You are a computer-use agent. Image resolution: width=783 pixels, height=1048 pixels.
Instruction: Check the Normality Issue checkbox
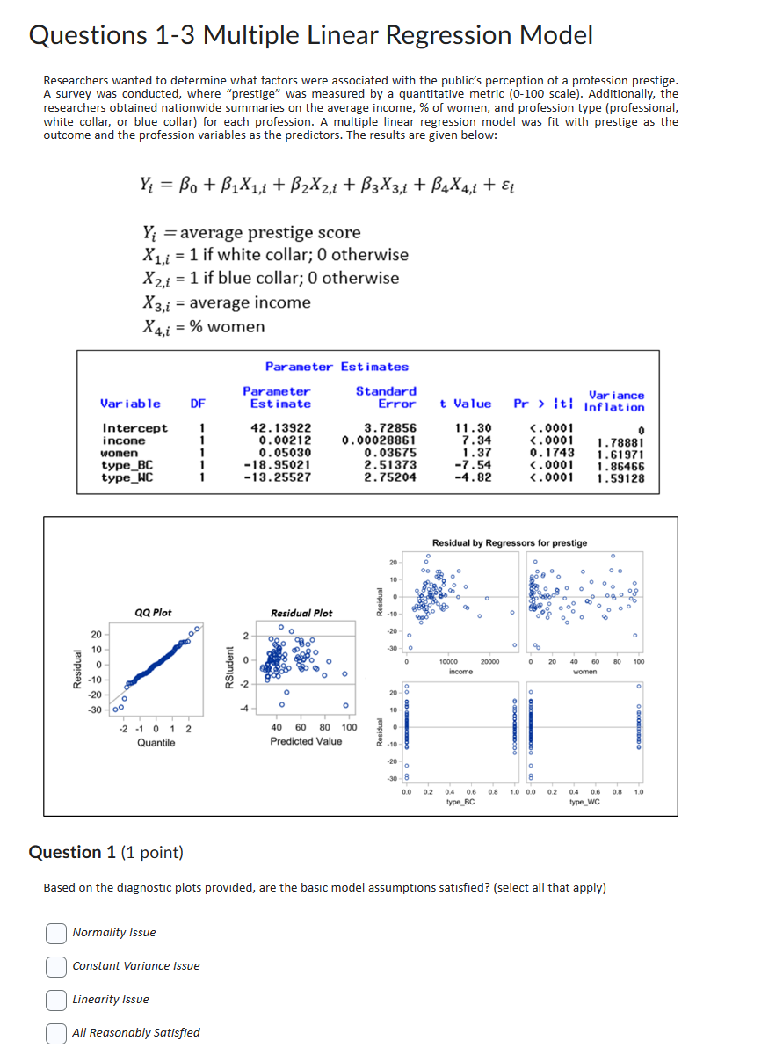56,933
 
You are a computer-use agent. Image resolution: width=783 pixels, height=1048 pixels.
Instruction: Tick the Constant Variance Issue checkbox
56,966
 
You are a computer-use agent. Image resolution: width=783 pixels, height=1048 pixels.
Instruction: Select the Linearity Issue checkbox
56,1000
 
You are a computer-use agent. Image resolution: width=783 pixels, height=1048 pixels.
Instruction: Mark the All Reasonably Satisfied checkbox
56,1033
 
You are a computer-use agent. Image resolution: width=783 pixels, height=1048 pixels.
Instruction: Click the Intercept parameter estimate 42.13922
280,428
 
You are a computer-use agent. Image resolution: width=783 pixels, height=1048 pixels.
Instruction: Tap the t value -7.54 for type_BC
473,465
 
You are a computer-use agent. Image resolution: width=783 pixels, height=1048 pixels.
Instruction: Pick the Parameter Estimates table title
337,367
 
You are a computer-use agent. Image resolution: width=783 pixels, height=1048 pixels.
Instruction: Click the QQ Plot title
153,613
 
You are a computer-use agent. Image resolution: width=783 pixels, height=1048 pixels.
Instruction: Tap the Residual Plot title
301,613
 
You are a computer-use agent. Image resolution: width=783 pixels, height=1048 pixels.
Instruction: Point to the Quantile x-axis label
156,743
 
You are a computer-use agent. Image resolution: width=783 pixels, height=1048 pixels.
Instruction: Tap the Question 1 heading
105,852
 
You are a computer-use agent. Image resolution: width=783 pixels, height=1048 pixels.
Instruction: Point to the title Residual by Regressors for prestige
510,542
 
